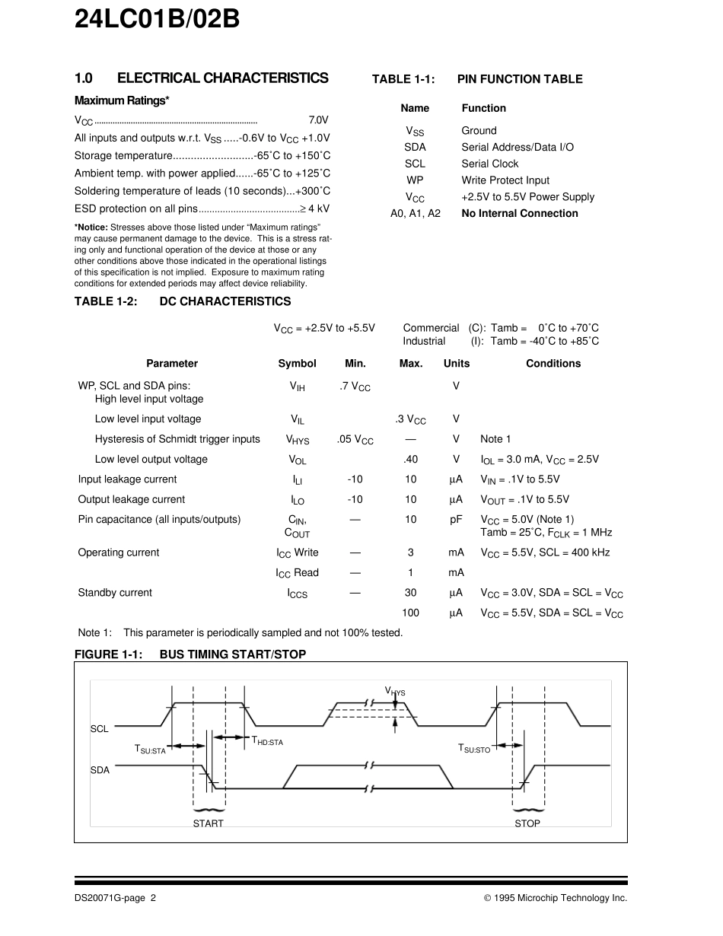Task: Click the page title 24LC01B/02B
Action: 157,18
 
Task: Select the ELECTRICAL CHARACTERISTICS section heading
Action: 201,78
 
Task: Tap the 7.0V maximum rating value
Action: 318,120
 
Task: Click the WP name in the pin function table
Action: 415,180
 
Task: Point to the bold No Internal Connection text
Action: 520,214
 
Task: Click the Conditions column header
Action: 553,364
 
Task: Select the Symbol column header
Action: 297,364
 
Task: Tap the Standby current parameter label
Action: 115,593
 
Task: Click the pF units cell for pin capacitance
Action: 456,520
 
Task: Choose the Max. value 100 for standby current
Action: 410,613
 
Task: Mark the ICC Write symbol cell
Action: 297,553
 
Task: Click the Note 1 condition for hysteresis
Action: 495,439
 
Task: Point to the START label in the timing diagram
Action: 208,823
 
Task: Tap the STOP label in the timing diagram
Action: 527,823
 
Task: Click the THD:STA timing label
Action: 267,741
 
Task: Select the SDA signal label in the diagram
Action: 100,770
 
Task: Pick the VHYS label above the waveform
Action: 395,692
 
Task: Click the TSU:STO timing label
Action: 474,749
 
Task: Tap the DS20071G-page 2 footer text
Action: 115,898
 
